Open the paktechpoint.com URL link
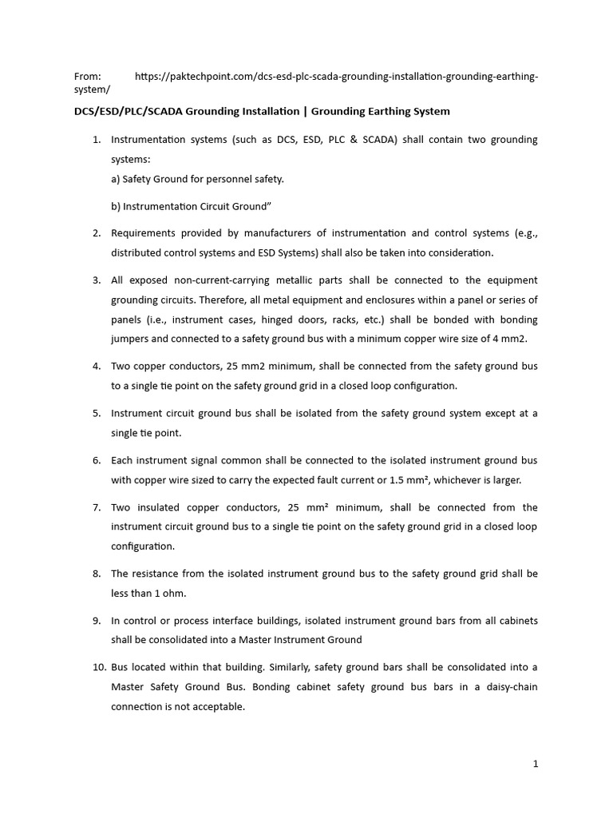click(x=336, y=77)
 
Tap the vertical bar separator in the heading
click(x=306, y=111)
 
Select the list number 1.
click(x=97, y=140)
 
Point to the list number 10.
click(x=95, y=667)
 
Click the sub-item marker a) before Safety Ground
click(x=116, y=179)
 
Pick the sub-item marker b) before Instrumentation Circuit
click(x=117, y=206)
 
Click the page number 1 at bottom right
click(x=536, y=764)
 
